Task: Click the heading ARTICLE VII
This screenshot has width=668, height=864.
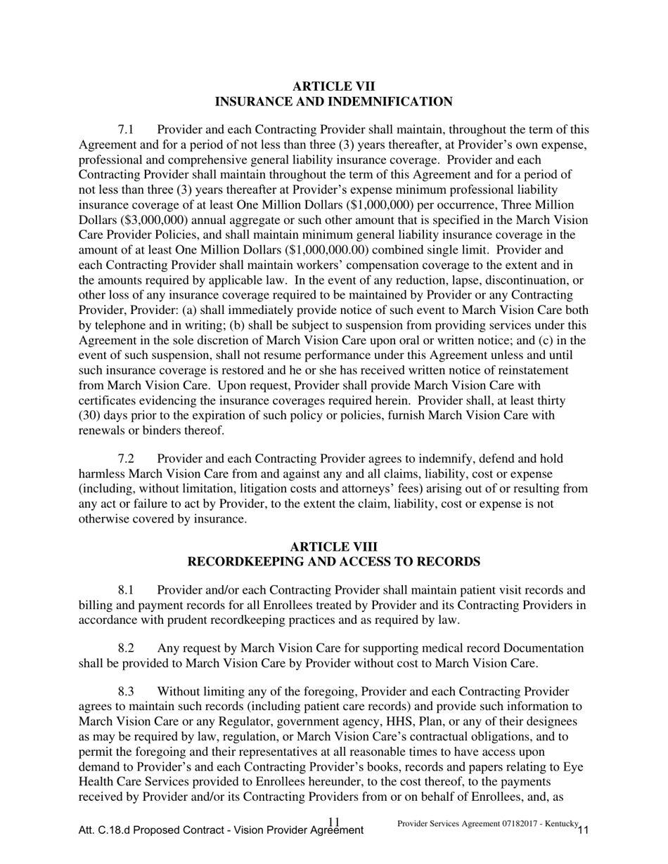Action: click(333, 86)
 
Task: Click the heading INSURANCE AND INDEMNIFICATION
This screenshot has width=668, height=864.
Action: click(333, 102)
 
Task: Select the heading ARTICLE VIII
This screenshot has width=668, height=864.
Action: click(333, 546)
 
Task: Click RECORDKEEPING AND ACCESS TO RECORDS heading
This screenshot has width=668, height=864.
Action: click(333, 562)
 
